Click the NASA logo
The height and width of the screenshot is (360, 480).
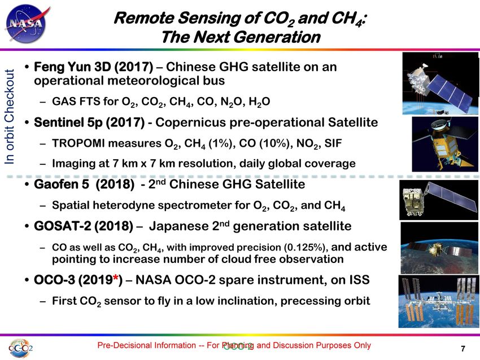click(x=27, y=24)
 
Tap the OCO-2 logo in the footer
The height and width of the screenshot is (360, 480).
click(x=20, y=348)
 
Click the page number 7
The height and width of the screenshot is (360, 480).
click(x=463, y=348)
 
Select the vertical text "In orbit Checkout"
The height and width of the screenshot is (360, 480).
click(x=10, y=117)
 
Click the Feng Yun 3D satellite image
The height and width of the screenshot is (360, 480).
click(x=440, y=83)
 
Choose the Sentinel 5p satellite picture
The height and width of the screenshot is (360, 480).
click(x=445, y=144)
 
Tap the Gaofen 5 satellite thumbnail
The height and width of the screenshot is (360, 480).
click(x=439, y=200)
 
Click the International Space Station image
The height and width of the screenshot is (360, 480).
click(x=438, y=301)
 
